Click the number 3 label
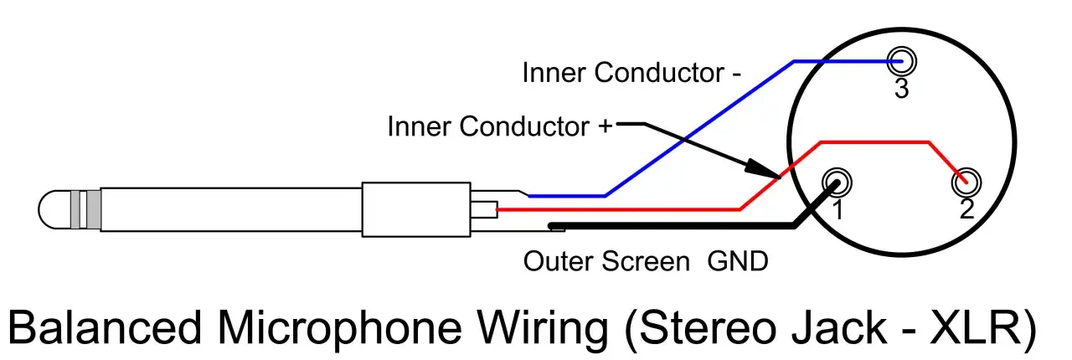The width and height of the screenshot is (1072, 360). click(902, 89)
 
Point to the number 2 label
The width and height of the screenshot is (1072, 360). click(966, 209)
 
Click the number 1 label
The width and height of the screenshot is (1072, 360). click(838, 209)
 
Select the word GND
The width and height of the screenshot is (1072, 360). click(738, 261)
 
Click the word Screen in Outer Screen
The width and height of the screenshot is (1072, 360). click(646, 261)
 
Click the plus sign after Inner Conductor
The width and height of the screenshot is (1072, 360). click(605, 126)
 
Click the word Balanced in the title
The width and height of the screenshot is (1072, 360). click(105, 328)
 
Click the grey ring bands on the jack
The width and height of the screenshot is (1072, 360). click(85, 209)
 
